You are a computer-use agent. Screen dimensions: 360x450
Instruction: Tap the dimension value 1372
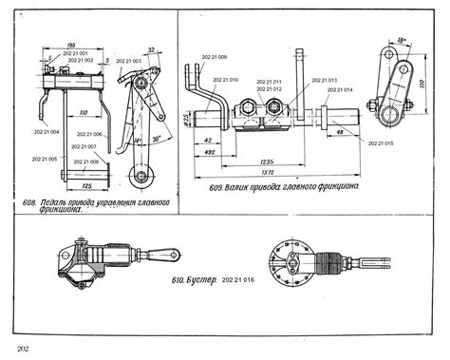tap(267, 174)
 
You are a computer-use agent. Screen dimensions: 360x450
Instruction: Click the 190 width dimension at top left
tap(69, 45)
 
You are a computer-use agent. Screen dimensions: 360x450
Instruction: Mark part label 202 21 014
tap(340, 90)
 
